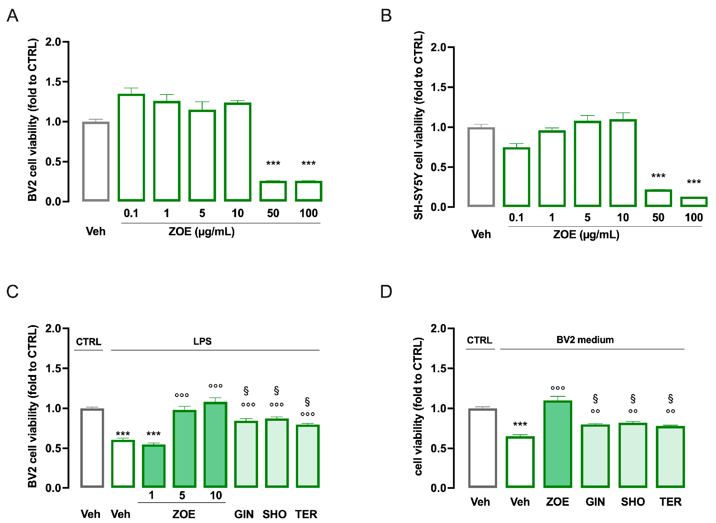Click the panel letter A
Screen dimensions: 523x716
click(x=12, y=15)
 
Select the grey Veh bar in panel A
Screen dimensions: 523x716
click(x=96, y=161)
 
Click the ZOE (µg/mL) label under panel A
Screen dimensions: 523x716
click(x=201, y=231)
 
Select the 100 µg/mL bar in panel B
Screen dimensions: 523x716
click(x=694, y=202)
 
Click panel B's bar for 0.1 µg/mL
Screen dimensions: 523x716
click(x=516, y=177)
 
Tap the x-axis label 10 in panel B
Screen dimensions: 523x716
click(x=623, y=218)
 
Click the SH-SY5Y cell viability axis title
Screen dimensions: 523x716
click(x=418, y=125)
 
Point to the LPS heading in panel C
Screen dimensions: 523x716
click(x=202, y=342)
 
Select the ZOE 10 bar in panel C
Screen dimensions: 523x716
click(x=215, y=445)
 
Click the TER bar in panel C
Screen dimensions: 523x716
click(x=307, y=456)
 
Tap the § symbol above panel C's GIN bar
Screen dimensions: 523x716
click(x=246, y=391)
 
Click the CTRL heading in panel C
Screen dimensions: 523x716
click(x=88, y=342)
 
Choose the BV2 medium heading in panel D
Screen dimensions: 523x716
click(x=585, y=340)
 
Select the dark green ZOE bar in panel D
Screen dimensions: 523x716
click(x=558, y=444)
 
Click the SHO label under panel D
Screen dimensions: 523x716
click(x=633, y=502)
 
